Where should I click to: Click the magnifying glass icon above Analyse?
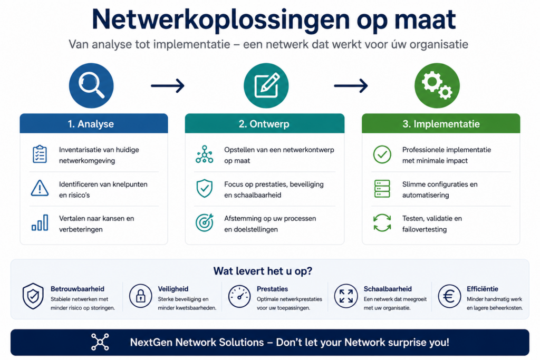[91, 86]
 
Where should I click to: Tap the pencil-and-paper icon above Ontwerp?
[266, 86]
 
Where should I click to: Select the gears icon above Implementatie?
[437, 86]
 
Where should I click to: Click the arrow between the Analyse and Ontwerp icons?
[168, 86]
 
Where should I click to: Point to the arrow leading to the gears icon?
[351, 86]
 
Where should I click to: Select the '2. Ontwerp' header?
[265, 123]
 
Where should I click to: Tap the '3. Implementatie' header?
[441, 123]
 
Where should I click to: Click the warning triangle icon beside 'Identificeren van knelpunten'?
[40, 188]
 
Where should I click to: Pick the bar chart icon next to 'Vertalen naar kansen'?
[40, 222]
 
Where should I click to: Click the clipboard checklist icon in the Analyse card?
[40, 154]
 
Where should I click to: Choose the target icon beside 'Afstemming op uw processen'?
[205, 222]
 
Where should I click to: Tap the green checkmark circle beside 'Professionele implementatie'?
[382, 154]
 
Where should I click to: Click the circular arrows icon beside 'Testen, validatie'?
[382, 222]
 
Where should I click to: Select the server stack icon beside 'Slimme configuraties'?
[382, 189]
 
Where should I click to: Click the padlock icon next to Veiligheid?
[140, 296]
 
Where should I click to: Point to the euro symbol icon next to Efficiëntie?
[449, 296]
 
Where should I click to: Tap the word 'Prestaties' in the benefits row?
[273, 289]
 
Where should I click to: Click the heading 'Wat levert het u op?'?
[263, 271]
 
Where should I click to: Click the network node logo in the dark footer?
[100, 342]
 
